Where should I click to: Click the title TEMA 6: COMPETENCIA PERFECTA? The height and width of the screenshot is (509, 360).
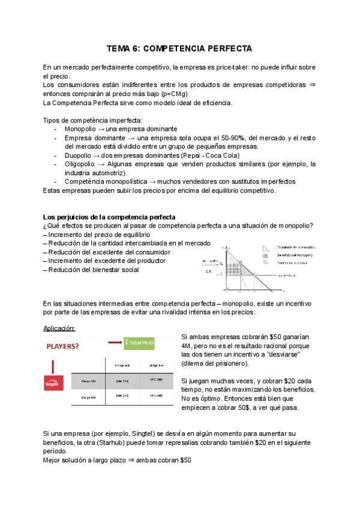[179, 47]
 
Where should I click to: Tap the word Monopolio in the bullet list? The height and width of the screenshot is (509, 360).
[82, 128]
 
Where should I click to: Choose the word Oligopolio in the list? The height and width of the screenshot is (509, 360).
[82, 164]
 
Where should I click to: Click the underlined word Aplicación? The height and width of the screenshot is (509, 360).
[60, 328]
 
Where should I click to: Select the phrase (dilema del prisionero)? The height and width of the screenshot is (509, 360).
[214, 364]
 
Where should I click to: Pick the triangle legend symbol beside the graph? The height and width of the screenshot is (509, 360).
[266, 247]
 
